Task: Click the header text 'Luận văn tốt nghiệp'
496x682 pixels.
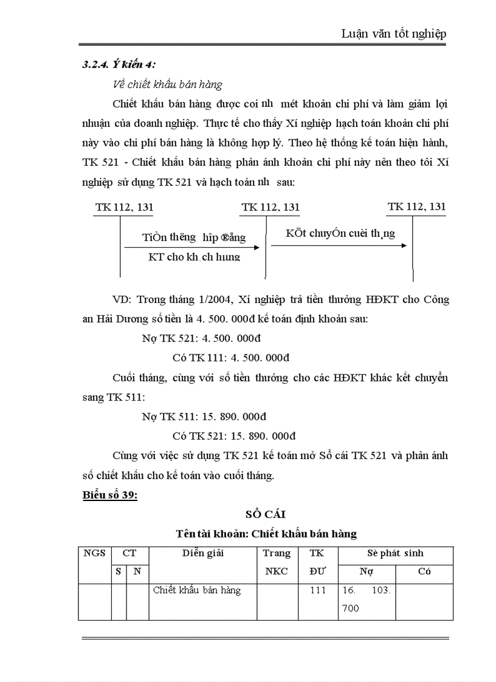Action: [x=394, y=33]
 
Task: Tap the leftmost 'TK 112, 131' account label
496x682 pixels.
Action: [x=124, y=208]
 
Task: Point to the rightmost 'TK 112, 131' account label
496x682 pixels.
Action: [x=416, y=206]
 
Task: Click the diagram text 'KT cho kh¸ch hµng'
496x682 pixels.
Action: [x=195, y=257]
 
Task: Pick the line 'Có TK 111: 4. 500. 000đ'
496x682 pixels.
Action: [x=231, y=358]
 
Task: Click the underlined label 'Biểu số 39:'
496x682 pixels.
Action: [x=110, y=496]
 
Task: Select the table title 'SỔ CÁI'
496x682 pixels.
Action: [x=265, y=515]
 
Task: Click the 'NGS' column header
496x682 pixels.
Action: [x=94, y=553]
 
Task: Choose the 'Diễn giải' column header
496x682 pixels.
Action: [x=203, y=553]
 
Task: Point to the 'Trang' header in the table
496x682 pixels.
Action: [x=277, y=553]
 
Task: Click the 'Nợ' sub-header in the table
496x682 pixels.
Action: [x=366, y=571]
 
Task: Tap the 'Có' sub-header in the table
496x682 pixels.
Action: [x=424, y=571]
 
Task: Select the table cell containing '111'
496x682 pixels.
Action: [x=318, y=590]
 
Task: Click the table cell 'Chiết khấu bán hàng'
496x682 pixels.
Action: [x=197, y=590]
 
